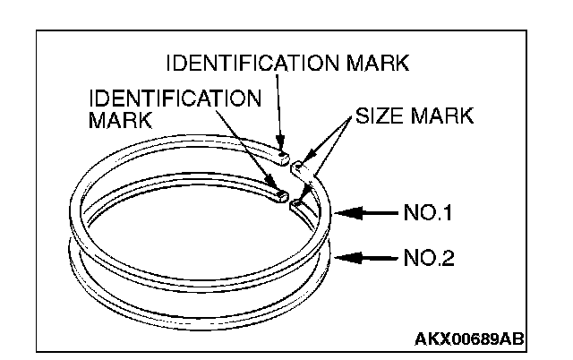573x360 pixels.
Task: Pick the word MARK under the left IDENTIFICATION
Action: click(119, 119)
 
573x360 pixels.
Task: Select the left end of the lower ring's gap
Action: click(279, 191)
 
